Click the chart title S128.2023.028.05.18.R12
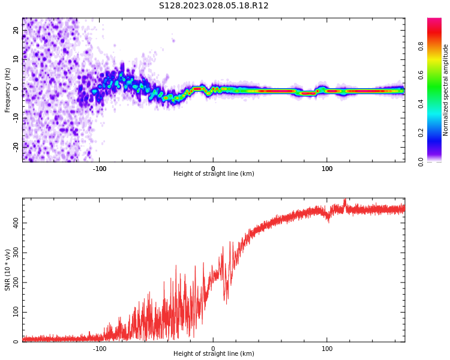pos(214,6)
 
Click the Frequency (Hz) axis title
pos(7,91)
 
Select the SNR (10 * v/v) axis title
pos(7,270)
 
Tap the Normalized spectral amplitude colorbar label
pos(445,90)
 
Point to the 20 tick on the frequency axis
pos(16,30)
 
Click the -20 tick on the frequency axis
pos(16,147)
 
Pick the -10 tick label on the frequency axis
pos(16,118)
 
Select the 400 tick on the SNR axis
pos(16,223)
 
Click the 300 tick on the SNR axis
pos(16,253)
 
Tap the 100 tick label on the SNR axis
pos(16,312)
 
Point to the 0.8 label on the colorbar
pos(421,46)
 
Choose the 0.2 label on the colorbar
pos(421,133)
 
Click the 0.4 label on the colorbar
pos(421,104)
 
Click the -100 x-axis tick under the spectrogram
pos(99,169)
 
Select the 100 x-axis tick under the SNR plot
pos(327,349)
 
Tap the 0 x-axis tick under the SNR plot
pos(213,349)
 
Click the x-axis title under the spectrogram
pos(214,173)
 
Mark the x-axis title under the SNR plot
pos(214,353)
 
